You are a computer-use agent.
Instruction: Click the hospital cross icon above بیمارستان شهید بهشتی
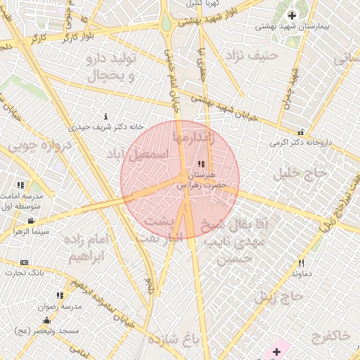(292, 15)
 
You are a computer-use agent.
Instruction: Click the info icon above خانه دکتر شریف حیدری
(106, 116)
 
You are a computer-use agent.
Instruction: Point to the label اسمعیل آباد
(139, 153)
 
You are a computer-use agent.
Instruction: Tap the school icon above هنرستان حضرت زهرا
(202, 164)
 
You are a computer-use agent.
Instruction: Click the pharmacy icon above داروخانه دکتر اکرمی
(301, 132)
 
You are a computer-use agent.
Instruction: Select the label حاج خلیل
(304, 172)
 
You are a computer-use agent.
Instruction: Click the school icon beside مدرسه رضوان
(60, 295)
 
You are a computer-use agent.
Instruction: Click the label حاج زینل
(279, 297)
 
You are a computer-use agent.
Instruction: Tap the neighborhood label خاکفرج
(329, 335)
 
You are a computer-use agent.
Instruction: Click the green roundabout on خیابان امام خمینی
(167, 25)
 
